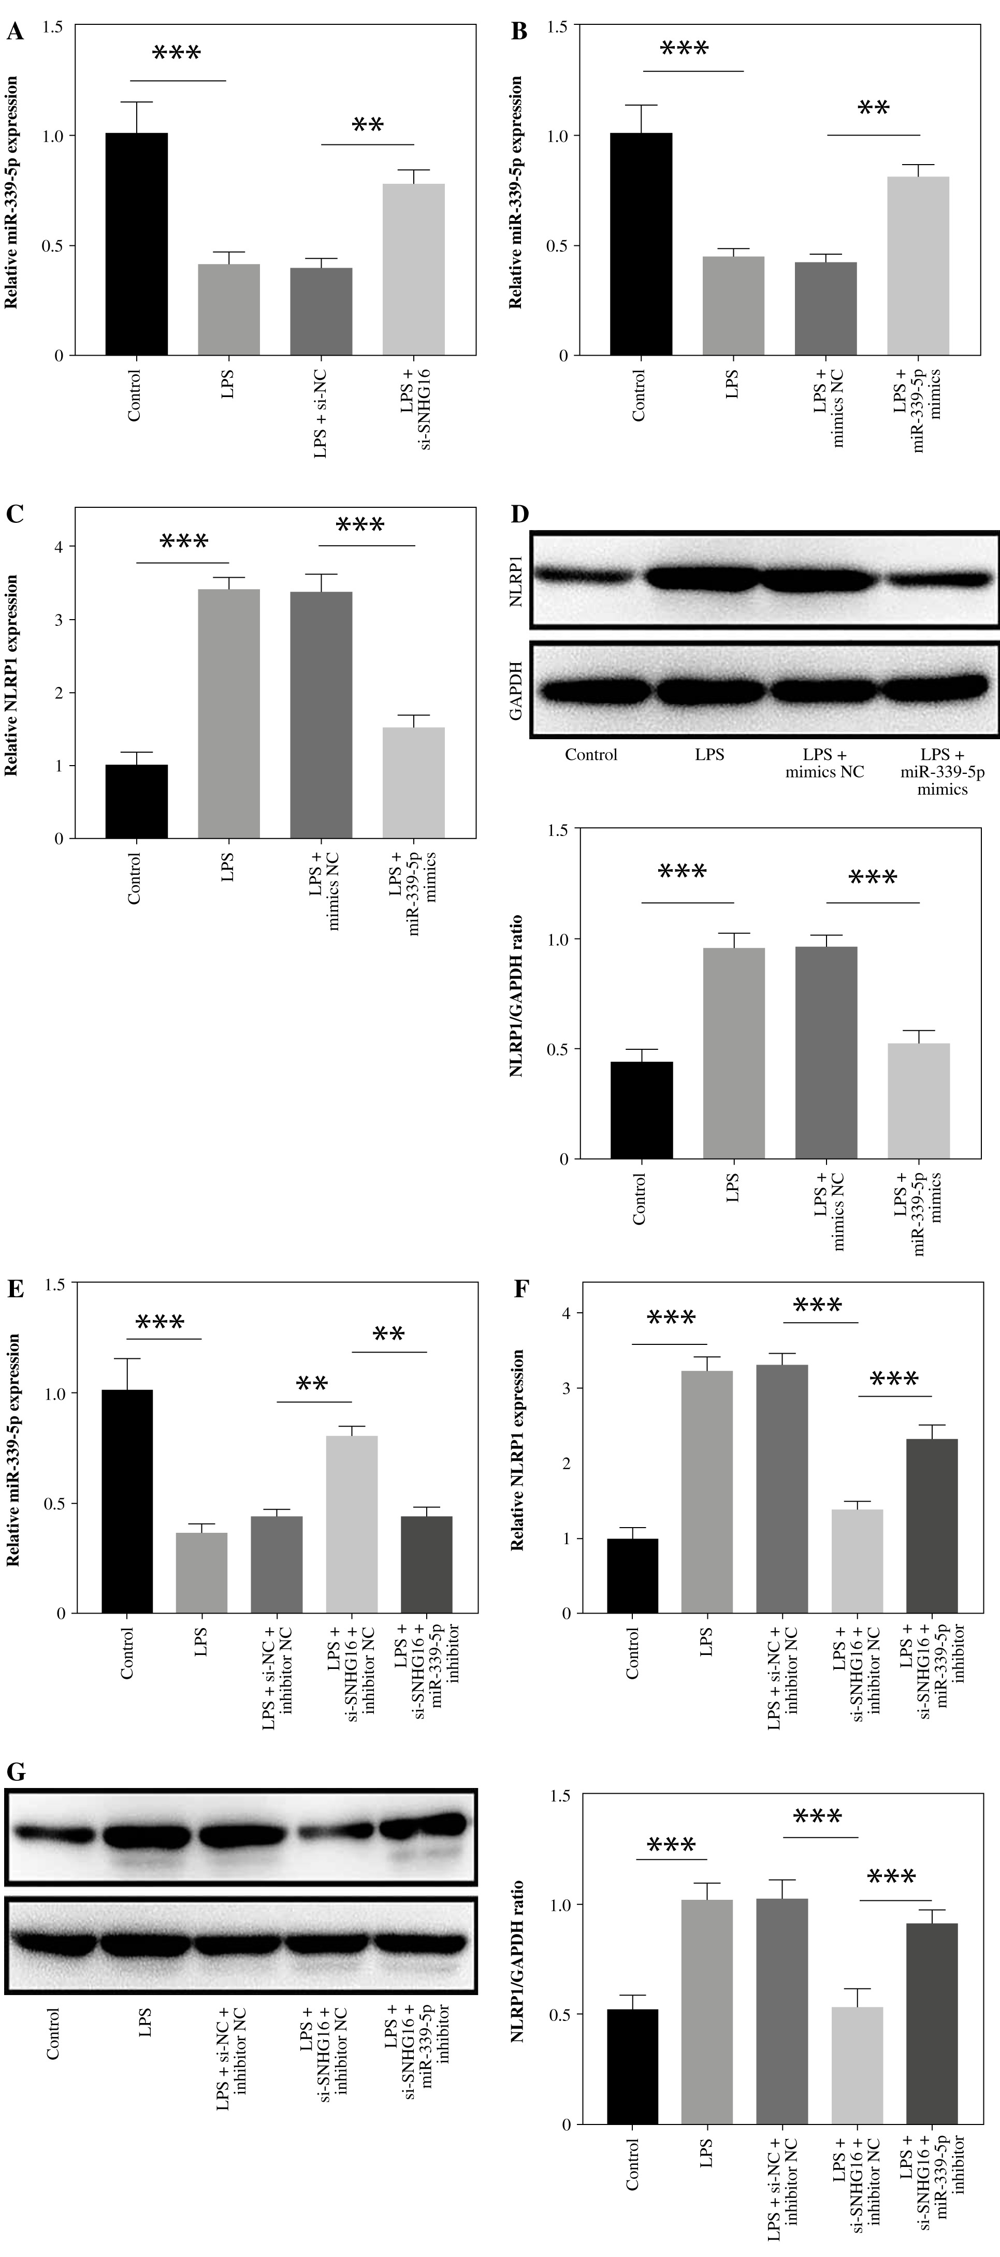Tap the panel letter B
tap(519, 33)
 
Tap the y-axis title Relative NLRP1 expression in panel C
tap(12, 675)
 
